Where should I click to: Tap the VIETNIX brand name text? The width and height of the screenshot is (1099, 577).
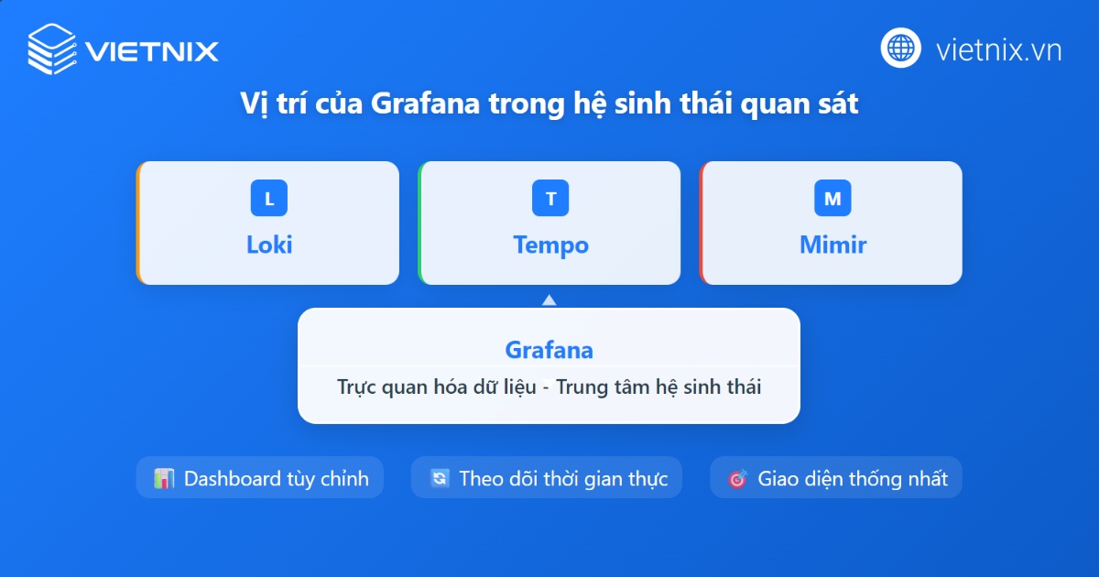(152, 50)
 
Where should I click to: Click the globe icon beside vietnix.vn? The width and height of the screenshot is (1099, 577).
(901, 48)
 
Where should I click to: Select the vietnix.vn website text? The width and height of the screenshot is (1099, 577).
(999, 49)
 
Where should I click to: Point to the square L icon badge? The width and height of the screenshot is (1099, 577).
(268, 199)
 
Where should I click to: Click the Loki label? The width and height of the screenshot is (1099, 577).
(269, 245)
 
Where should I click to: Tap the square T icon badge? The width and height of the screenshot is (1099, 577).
(550, 199)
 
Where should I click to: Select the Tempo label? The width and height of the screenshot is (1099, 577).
(550, 245)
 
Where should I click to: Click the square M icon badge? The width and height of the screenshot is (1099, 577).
(832, 199)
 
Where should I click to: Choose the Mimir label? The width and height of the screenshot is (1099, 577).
(832, 245)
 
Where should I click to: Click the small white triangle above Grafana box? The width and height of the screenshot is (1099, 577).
(549, 299)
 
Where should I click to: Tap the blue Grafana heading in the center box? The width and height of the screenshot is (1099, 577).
(549, 350)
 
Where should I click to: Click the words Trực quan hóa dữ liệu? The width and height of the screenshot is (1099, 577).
(436, 386)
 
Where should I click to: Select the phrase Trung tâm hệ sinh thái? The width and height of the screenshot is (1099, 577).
(658, 386)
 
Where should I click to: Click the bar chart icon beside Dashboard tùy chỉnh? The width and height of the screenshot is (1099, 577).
(164, 478)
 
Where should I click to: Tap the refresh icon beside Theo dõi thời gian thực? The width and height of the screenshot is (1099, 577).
(440, 478)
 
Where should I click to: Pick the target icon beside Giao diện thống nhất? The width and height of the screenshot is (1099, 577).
(737, 478)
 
